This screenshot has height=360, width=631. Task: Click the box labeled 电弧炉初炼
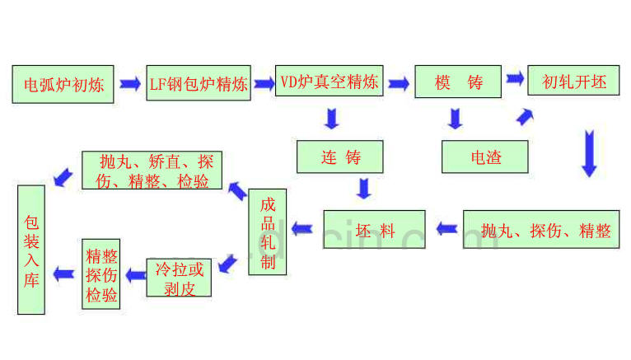63,83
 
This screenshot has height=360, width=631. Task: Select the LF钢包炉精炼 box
199,83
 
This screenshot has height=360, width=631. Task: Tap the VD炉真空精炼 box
329,82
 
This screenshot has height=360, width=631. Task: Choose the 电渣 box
484,157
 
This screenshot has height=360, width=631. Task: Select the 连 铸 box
340,157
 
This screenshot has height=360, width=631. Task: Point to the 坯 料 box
374,230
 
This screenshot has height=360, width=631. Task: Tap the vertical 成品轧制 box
268,232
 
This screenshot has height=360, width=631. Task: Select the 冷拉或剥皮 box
179,278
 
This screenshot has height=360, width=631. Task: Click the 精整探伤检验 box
101,274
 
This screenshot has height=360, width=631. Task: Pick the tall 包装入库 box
31,250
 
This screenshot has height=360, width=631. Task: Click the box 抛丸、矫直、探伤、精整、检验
153,171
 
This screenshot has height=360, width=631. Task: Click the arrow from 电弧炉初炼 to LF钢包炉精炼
130,83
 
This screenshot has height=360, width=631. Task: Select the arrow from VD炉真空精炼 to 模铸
399,83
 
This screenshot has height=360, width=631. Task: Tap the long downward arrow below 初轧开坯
588,152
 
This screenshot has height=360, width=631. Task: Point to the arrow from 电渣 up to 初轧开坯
524,118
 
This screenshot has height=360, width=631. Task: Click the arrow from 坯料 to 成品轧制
302,229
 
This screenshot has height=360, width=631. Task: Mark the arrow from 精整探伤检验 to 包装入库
63,274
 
